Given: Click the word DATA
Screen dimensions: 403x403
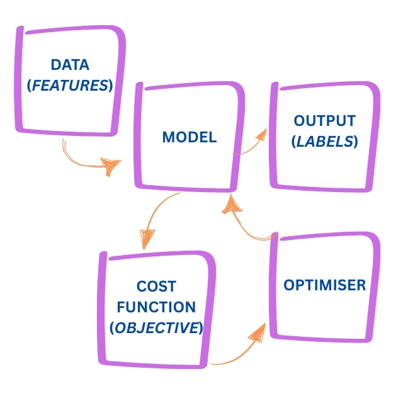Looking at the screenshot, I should click(x=70, y=65).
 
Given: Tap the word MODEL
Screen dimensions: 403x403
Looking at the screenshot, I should click(x=189, y=137).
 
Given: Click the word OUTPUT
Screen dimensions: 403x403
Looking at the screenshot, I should click(x=324, y=121).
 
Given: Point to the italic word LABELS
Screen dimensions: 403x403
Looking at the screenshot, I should click(x=325, y=142).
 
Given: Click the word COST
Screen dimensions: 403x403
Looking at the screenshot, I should click(x=156, y=287).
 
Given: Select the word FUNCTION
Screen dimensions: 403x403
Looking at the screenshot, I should click(x=156, y=307).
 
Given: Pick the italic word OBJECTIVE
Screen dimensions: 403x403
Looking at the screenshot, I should click(x=156, y=328).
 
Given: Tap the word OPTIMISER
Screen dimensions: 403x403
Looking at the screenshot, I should click(x=324, y=285).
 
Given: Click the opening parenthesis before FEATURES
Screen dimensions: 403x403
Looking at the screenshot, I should click(x=30, y=86).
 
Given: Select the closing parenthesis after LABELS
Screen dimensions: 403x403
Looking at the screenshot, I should click(x=356, y=142).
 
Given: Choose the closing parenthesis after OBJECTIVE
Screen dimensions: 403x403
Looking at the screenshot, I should click(x=201, y=329).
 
